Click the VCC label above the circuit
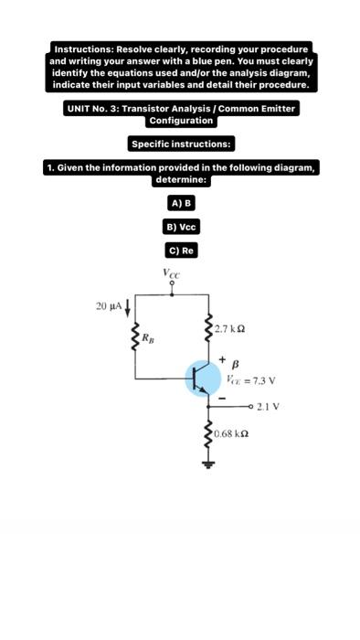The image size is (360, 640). (x=171, y=272)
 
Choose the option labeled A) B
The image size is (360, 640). (x=181, y=203)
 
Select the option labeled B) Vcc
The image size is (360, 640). (x=181, y=227)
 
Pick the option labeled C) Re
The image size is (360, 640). (x=181, y=250)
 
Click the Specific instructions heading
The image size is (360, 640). (x=181, y=144)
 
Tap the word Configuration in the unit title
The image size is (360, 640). (x=181, y=121)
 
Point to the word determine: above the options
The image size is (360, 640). (x=181, y=179)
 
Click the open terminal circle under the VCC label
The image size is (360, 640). (x=171, y=284)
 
